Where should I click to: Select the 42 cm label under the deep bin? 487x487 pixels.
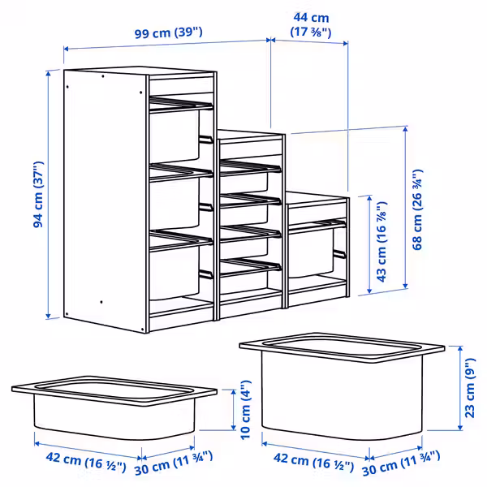coord(308,466)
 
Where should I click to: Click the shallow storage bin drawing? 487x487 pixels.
coord(114,406)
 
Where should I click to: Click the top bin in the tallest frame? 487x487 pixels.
coord(175,134)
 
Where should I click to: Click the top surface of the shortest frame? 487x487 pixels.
coord(317,199)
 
